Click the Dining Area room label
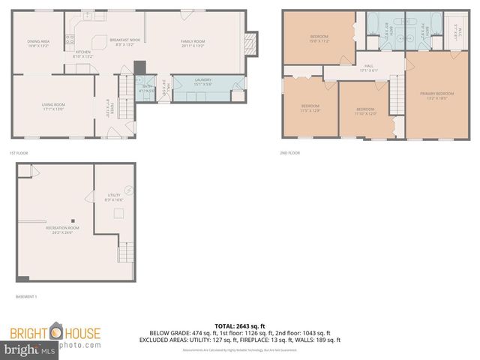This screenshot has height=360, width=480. tap(38, 43)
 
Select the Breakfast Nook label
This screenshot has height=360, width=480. tap(124, 42)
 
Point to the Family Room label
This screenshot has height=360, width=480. tap(193, 43)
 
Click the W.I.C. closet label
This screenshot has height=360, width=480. tap(454, 30)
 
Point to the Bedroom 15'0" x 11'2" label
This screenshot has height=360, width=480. tap(319, 38)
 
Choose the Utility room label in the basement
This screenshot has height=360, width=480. tap(112, 197)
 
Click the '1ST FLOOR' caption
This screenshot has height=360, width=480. tap(18, 153)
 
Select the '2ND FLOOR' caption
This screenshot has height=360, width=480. tap(289, 153)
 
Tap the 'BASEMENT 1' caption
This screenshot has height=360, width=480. tap(26, 297)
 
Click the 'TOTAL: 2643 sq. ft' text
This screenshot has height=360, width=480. tap(239, 325)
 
